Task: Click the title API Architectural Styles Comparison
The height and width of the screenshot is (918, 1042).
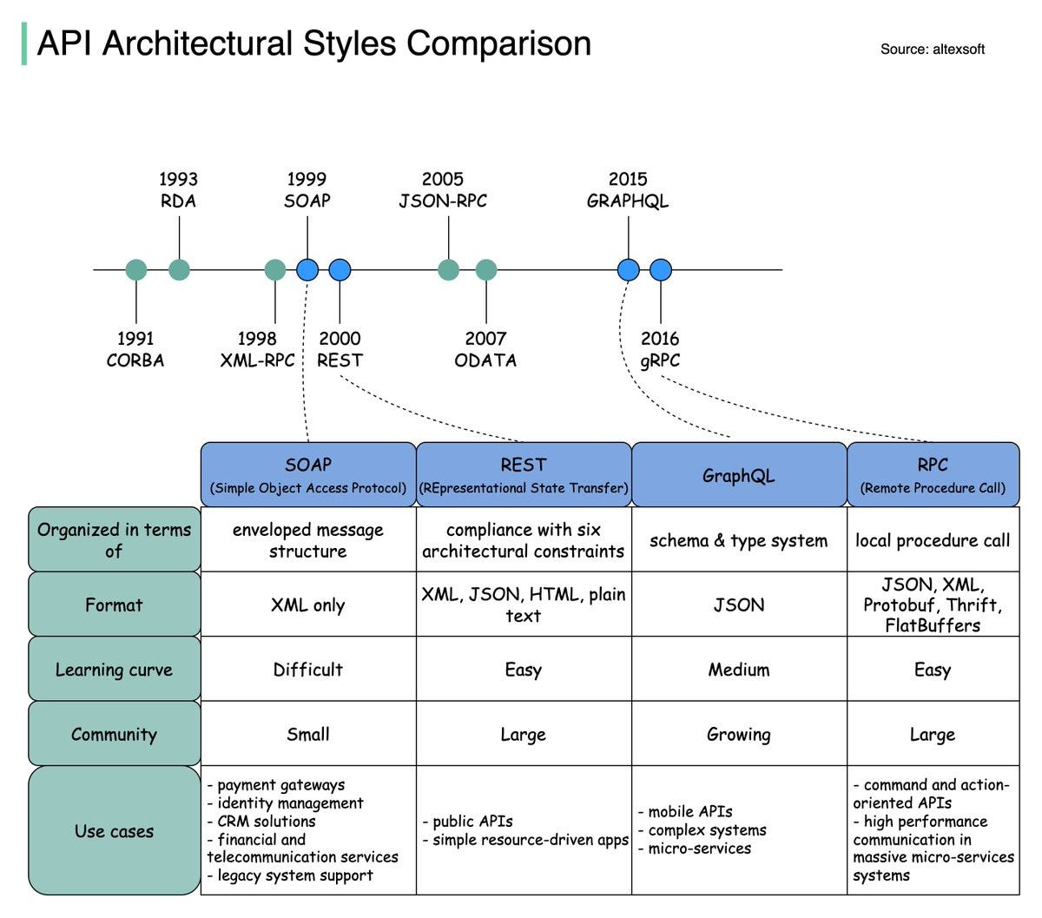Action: tap(313, 43)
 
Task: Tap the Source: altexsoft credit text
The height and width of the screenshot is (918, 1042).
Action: tap(932, 50)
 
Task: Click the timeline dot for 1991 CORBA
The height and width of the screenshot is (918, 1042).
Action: tap(136, 270)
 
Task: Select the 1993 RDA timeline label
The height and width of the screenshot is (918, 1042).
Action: tap(178, 190)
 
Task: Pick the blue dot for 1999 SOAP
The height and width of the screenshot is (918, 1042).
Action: tap(307, 270)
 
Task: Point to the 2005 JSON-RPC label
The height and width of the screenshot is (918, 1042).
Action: tap(443, 190)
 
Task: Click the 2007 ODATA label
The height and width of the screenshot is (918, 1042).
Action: tap(485, 349)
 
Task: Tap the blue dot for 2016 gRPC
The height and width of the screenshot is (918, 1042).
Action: tap(661, 270)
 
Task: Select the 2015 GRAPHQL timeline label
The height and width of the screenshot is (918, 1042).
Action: tap(628, 190)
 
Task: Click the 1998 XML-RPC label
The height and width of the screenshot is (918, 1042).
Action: tap(257, 349)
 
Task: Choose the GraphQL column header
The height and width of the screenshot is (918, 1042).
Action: tap(739, 475)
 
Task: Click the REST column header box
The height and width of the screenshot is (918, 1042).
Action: tap(524, 475)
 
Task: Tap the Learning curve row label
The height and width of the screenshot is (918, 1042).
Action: tap(114, 670)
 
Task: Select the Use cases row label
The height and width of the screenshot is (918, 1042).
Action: tap(114, 831)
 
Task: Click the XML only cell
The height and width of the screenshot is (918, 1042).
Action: tap(308, 605)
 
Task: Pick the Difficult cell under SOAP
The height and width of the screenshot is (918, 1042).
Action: tap(308, 670)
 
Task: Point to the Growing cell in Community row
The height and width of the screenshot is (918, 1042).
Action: tap(739, 735)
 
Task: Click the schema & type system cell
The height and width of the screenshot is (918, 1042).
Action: tap(739, 540)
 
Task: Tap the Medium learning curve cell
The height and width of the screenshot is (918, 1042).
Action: tap(739, 670)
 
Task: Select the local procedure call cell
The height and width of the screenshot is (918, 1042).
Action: tap(933, 540)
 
